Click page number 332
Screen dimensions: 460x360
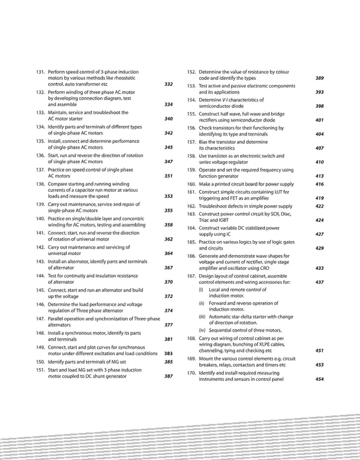[169, 84]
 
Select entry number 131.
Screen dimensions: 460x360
[41, 72]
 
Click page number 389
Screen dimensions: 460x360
[319, 78]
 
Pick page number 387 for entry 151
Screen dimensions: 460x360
[169, 376]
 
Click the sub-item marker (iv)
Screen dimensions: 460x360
[202, 330]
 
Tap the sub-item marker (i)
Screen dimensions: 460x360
[201, 290]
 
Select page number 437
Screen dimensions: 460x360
[319, 282]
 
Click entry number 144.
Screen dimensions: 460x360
[41, 275]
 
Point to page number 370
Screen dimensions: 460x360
[169, 282]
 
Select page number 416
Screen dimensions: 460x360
[319, 184]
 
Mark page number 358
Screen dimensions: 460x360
[169, 225]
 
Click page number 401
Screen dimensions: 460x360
[319, 120]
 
